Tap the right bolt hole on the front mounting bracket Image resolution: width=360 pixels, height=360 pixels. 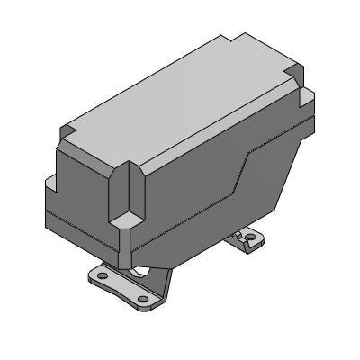[142, 299]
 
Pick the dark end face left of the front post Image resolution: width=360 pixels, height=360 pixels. [81, 198]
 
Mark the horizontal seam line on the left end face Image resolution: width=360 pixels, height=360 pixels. [76, 221]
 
